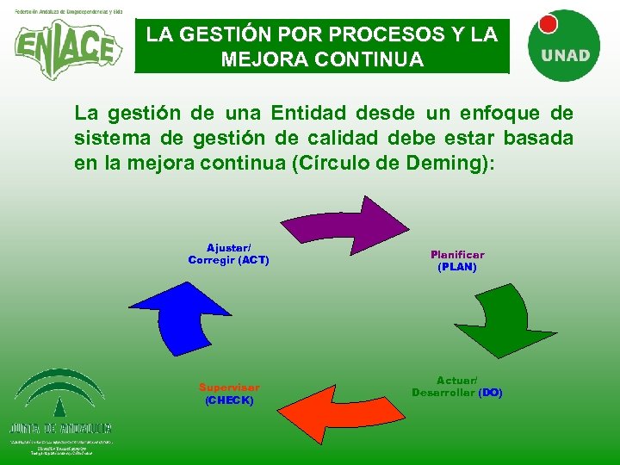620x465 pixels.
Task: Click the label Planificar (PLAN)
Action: click(457, 261)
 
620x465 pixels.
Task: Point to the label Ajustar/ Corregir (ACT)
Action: click(228, 253)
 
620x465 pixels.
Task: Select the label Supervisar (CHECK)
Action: click(229, 394)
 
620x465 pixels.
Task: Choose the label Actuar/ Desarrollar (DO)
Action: click(457, 387)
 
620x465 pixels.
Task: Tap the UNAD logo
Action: click(564, 47)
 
